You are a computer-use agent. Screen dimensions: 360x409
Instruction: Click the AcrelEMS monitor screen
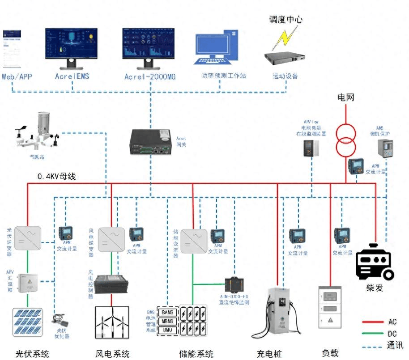70,44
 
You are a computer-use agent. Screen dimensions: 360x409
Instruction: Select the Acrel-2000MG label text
150,77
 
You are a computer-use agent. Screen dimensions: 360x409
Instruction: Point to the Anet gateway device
151,142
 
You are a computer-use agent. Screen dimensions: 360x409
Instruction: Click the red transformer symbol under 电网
346,140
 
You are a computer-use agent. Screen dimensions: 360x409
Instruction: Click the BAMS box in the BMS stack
167,312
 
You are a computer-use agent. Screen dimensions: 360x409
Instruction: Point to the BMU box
167,330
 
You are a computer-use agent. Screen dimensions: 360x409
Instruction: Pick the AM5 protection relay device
385,148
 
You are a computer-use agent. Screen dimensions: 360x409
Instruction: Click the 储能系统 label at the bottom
196,354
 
